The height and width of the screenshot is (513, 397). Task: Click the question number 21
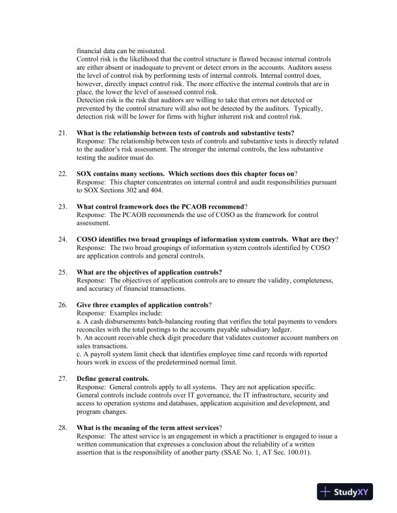tap(62, 133)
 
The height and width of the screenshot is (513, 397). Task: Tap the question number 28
tap(62, 428)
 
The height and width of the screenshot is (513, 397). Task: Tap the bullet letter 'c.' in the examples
tap(79, 354)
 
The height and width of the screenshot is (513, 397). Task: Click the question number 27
tap(62, 378)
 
